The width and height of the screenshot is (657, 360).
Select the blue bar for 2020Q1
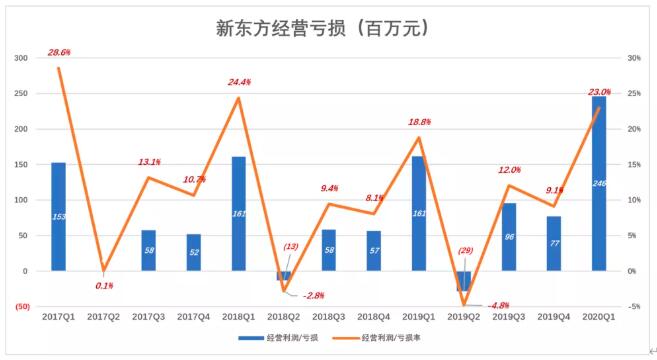tap(599, 184)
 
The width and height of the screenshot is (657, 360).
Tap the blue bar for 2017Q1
tap(58, 217)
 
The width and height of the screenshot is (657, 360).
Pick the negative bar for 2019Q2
tap(463, 281)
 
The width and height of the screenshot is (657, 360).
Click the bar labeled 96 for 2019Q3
tap(509, 237)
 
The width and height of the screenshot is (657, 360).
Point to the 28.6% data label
tap(59, 52)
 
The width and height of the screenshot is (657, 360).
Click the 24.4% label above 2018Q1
tap(239, 82)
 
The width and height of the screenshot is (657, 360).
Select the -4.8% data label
tap(498, 306)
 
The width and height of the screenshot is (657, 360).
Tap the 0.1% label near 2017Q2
tap(104, 286)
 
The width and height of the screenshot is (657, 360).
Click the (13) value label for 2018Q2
tap(291, 246)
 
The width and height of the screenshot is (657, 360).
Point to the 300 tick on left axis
tap(21, 58)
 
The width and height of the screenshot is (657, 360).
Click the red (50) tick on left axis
tap(23, 307)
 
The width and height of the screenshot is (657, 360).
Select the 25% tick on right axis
tap(634, 93)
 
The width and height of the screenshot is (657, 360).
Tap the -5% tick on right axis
tap(634, 307)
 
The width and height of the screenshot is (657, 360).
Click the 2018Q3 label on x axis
tap(328, 317)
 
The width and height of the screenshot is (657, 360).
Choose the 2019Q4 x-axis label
tap(554, 317)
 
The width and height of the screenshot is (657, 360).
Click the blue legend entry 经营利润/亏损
tap(278, 338)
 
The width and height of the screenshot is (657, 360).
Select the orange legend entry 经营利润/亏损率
tap(376, 338)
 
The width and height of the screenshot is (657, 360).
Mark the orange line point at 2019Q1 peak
tap(419, 137)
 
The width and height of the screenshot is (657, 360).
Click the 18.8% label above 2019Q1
tap(419, 122)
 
